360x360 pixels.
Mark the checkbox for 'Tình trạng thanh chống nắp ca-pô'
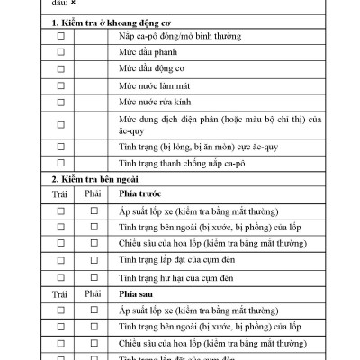click(x=61, y=163)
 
